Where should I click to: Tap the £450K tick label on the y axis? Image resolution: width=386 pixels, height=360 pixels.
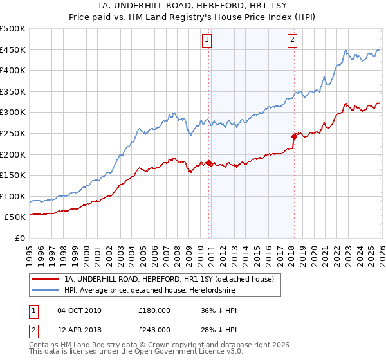coord(13,50)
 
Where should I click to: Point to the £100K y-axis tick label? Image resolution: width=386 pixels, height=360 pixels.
coord(13,196)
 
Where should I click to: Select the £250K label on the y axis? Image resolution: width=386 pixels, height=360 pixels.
coord(13,133)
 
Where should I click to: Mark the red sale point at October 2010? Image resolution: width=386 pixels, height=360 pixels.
coord(208,163)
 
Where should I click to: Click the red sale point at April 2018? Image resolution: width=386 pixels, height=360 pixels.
coord(294,136)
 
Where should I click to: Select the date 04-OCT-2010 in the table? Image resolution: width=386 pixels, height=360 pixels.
coord(79,310)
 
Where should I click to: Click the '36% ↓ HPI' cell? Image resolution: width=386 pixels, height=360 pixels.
coord(219,310)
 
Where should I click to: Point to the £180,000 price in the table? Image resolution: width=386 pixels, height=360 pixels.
coord(154,310)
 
